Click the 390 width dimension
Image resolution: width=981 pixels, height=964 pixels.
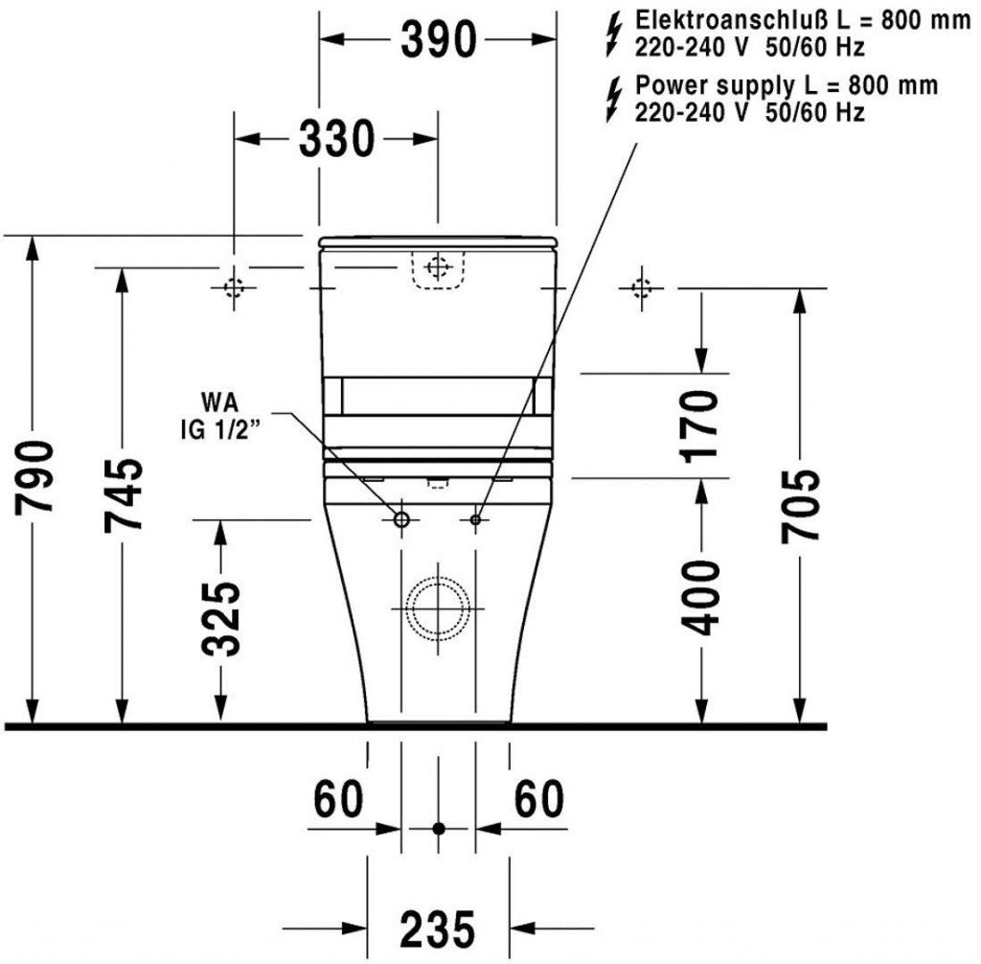(439, 39)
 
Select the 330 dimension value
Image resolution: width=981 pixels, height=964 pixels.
(336, 139)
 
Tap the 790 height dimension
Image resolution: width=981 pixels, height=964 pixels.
(34, 477)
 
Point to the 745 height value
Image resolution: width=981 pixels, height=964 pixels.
(124, 495)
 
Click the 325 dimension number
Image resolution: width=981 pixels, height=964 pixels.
(221, 619)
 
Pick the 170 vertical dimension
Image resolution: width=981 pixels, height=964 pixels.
(700, 426)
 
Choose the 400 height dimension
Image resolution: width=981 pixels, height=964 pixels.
(700, 599)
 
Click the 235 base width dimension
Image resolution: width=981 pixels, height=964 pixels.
(438, 928)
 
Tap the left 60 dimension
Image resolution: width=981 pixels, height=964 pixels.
(338, 799)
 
